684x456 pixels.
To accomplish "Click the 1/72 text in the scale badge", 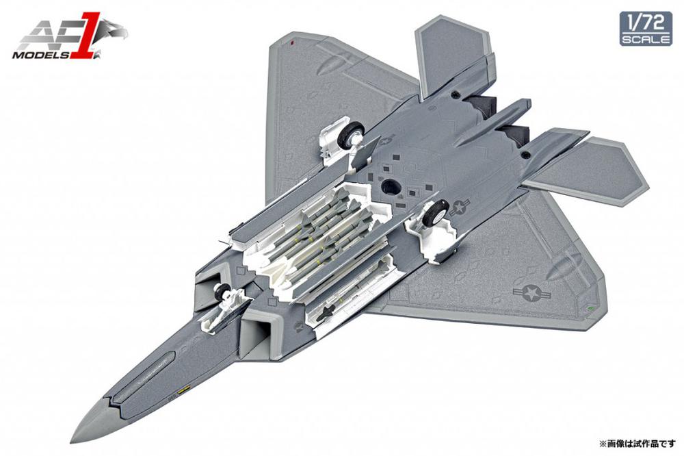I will pyautogui.click(x=645, y=21).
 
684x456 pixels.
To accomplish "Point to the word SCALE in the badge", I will pyautogui.click(x=646, y=38).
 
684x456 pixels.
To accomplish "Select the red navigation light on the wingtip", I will pyautogui.click(x=292, y=42).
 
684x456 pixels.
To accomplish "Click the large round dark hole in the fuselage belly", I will pyautogui.click(x=391, y=186).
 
